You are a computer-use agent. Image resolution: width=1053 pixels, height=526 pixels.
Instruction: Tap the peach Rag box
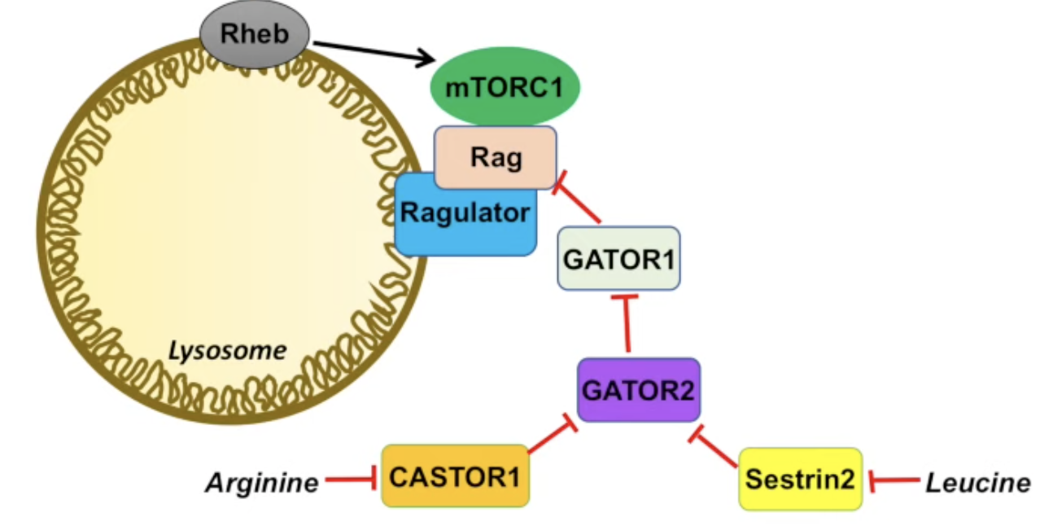[496, 157]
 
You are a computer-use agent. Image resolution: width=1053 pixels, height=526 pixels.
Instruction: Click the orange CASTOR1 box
[455, 476]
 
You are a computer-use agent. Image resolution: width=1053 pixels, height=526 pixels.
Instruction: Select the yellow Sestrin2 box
[800, 480]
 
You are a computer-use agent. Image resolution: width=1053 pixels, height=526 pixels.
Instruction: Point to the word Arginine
[261, 484]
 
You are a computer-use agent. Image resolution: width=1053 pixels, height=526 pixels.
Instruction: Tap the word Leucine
[977, 483]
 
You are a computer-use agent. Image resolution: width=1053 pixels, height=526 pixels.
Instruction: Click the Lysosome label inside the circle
[227, 352]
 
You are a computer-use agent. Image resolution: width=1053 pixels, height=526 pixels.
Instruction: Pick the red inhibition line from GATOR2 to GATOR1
[627, 326]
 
